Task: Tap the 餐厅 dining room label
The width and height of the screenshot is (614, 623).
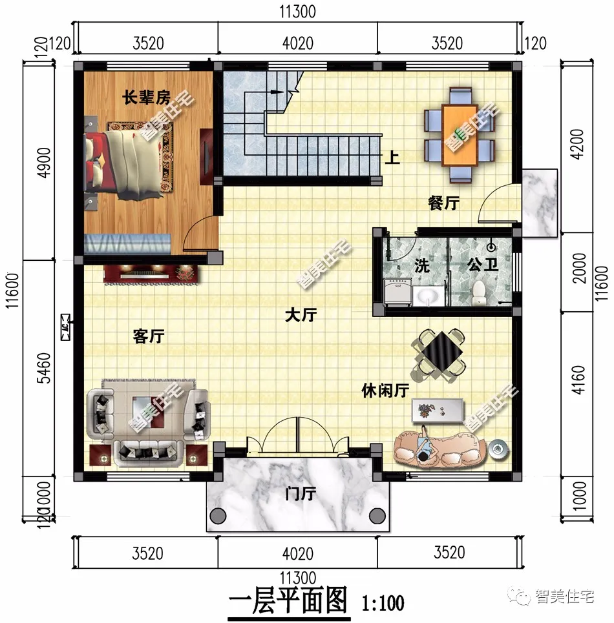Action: pyautogui.click(x=443, y=203)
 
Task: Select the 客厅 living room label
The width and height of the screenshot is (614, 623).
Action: pyautogui.click(x=149, y=336)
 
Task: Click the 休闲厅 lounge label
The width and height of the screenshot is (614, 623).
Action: pyautogui.click(x=385, y=391)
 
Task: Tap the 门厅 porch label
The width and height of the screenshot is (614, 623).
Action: pyautogui.click(x=300, y=494)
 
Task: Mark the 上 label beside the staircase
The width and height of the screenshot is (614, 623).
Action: pyautogui.click(x=392, y=158)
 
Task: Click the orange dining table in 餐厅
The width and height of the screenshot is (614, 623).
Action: pyautogui.click(x=460, y=136)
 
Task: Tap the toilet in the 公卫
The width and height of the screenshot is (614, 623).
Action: pyautogui.click(x=479, y=293)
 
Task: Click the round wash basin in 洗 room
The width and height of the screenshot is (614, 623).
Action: pyautogui.click(x=427, y=296)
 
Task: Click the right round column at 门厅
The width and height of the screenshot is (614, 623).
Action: pyautogui.click(x=377, y=516)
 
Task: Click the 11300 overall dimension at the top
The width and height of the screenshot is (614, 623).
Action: pyautogui.click(x=297, y=12)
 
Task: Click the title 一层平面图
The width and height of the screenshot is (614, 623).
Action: pyautogui.click(x=288, y=601)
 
